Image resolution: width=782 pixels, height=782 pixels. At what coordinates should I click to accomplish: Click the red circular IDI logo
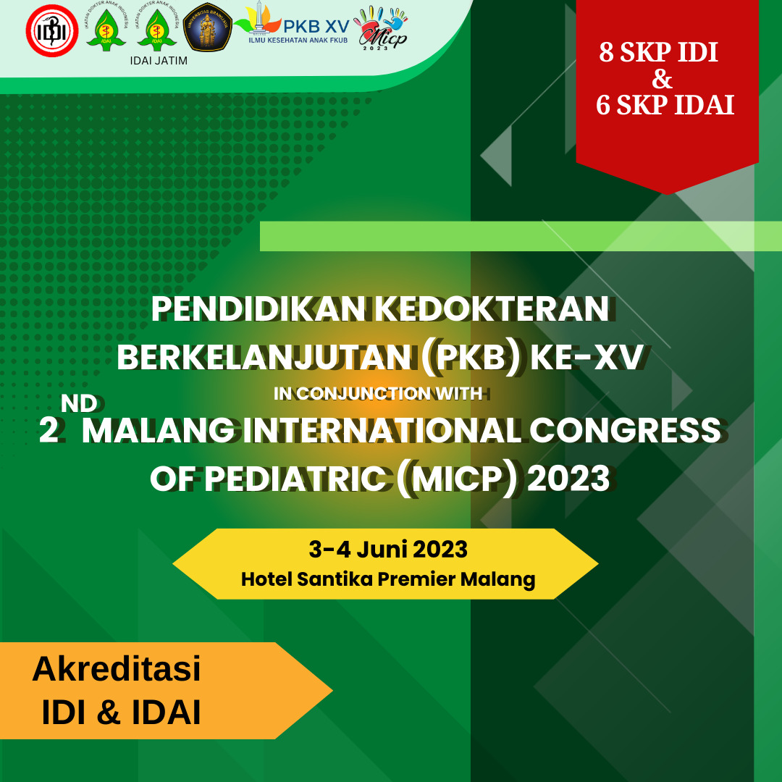tap(52, 30)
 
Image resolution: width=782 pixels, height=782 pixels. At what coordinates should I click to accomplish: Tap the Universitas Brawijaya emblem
tap(208, 27)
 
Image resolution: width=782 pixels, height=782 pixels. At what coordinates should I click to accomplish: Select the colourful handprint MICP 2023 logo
tap(382, 28)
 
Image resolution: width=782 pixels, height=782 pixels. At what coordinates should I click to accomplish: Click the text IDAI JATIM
tap(159, 61)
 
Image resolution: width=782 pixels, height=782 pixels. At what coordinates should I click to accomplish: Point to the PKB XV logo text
tap(316, 27)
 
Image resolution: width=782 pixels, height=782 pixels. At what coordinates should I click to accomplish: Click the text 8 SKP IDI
tap(658, 52)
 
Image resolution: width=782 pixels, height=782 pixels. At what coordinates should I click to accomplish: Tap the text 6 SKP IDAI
tap(665, 105)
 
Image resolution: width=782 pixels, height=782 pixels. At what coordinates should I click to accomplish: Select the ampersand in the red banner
tap(662, 79)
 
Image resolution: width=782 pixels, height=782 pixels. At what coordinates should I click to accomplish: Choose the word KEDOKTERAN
tap(492, 308)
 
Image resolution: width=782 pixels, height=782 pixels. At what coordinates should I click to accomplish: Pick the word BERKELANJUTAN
tap(264, 358)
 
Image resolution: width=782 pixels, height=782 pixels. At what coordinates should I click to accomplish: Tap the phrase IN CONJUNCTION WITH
tap(378, 393)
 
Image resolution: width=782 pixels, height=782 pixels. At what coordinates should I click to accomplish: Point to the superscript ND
tap(79, 403)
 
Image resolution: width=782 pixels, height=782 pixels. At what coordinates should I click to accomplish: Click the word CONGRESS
tap(625, 430)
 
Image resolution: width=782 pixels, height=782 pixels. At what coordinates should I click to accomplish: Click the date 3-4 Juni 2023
tap(388, 550)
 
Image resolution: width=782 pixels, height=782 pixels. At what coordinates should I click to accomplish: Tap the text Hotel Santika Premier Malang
tap(388, 579)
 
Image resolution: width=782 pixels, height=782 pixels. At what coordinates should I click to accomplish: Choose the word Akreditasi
tap(117, 668)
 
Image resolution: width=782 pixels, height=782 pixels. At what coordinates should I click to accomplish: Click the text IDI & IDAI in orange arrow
tap(121, 712)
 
